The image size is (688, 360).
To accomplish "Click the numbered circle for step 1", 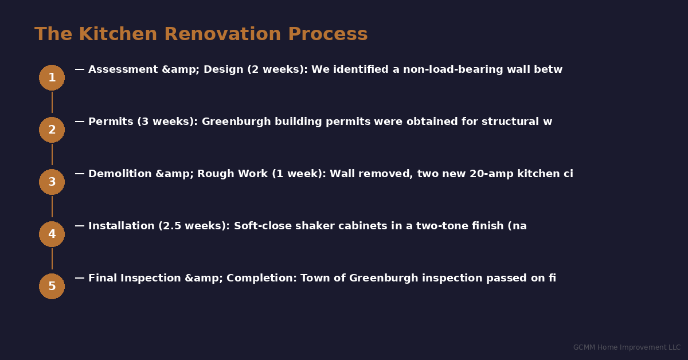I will pos(52,77).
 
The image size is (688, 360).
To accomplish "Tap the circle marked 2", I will pos(52,130).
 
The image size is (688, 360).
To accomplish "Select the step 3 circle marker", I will pos(52,182).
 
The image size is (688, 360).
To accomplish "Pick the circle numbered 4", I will pos(52,234).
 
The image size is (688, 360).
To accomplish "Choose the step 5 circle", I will pos(52,286).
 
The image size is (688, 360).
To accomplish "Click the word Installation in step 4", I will pos(122,226).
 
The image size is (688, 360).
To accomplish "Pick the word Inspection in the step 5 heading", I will pos(151,279).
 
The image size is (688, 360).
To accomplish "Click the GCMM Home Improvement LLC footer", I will pos(627,347).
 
